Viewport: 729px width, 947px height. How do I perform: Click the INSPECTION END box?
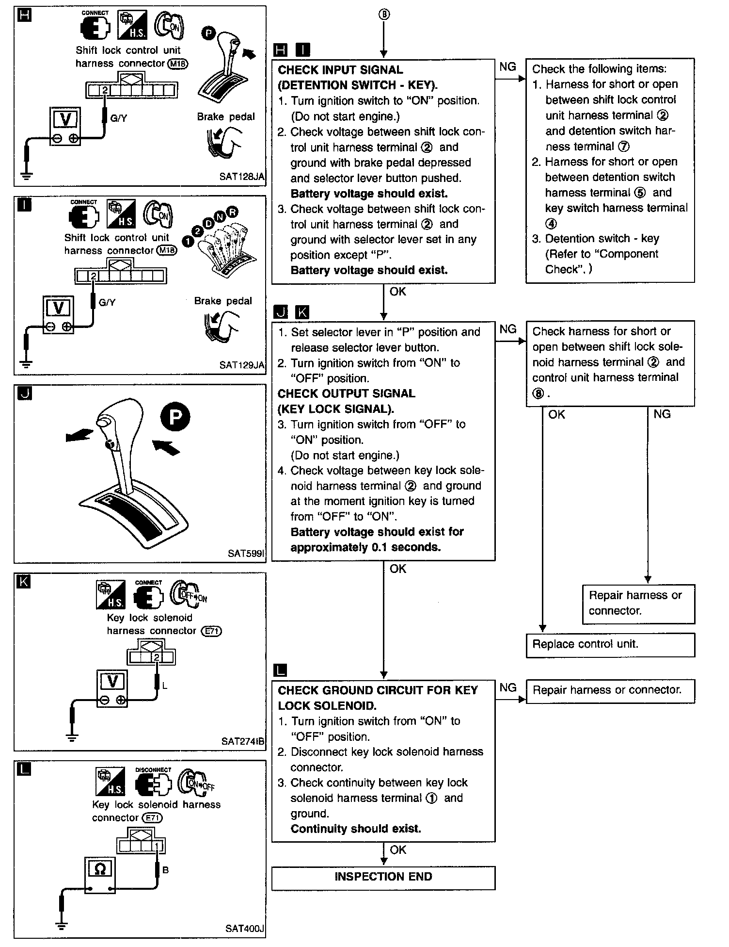383,877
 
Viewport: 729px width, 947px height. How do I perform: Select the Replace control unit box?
610,644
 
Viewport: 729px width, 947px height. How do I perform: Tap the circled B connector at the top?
383,15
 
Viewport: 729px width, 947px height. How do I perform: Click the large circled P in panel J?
175,417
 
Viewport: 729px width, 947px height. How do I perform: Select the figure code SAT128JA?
241,177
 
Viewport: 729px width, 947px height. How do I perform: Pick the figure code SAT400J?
244,929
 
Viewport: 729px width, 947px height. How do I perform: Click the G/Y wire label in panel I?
107,302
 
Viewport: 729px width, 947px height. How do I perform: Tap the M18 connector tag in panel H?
177,64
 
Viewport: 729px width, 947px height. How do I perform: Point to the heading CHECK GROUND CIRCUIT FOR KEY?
378,690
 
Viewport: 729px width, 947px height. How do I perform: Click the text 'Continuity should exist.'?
356,829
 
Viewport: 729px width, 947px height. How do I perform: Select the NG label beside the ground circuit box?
507,687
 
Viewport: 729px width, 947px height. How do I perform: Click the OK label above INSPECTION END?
398,849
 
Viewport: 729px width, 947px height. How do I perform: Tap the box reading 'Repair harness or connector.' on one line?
610,690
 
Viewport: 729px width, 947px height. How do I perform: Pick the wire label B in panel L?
165,870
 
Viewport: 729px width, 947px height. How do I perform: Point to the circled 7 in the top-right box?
624,146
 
